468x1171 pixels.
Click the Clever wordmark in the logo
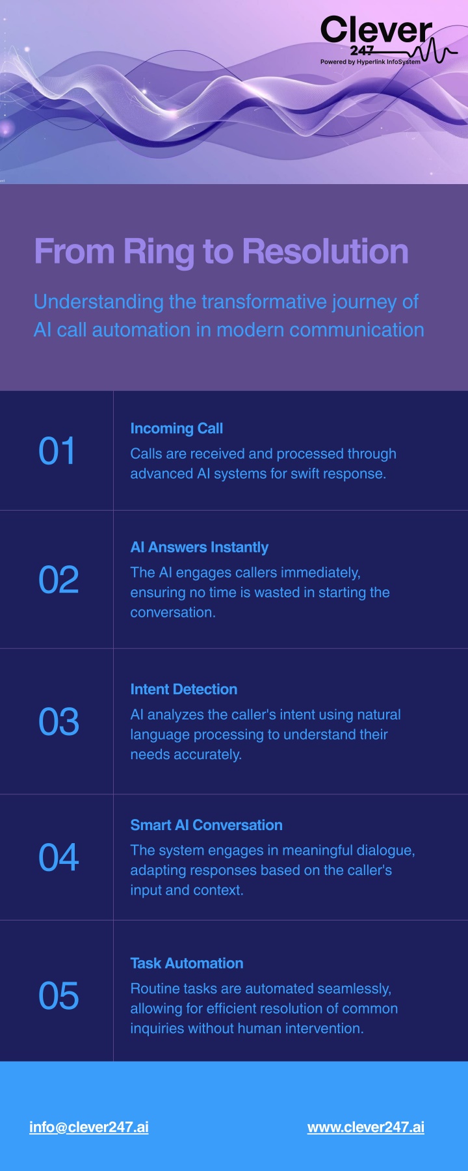point(376,31)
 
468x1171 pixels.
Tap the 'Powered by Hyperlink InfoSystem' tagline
point(370,62)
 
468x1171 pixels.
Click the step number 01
point(57,451)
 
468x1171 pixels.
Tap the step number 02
point(58,580)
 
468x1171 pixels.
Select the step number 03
point(58,722)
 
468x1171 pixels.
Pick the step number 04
point(58,857)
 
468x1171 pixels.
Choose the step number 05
point(58,996)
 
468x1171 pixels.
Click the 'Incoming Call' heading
point(177,429)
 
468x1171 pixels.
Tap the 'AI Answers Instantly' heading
point(200,548)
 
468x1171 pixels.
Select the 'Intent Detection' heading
point(184,690)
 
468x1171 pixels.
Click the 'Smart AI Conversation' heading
point(207,826)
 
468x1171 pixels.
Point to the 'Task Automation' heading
point(187,963)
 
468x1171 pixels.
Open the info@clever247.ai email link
point(89,1127)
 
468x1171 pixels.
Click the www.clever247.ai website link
point(366,1127)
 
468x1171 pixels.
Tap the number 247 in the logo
point(362,51)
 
